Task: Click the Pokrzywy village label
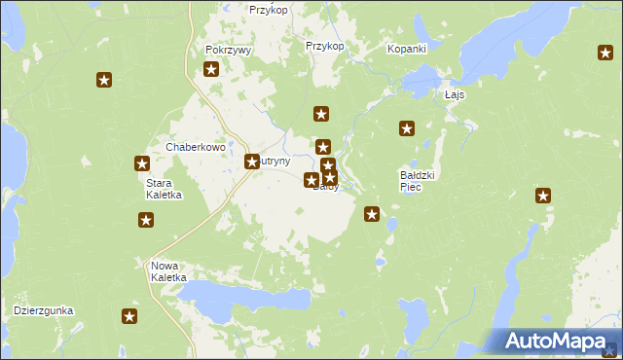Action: click(229, 50)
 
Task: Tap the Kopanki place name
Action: click(408, 48)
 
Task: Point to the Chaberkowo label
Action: click(195, 147)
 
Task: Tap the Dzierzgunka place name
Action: click(44, 310)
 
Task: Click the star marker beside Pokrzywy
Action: click(211, 68)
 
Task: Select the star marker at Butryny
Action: click(252, 162)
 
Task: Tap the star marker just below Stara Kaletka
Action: click(146, 221)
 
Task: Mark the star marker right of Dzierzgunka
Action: click(129, 315)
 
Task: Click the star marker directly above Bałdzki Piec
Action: click(407, 127)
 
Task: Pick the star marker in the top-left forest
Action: click(105, 81)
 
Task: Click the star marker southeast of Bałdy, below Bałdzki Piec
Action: click(371, 213)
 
